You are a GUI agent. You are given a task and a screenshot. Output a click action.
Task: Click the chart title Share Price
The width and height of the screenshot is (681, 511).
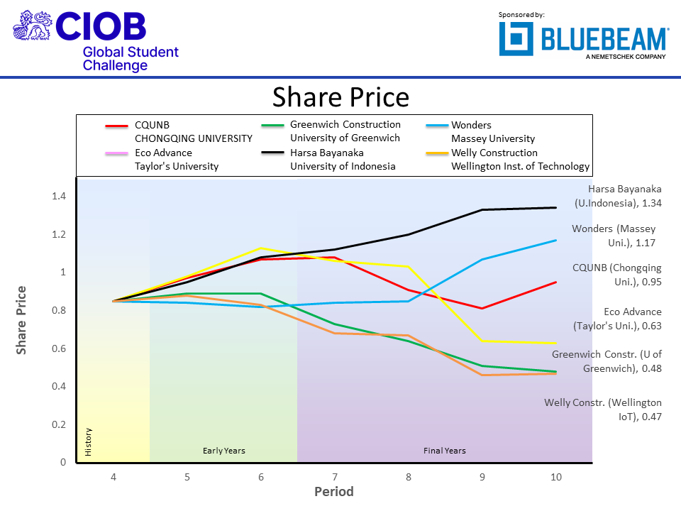tap(340, 97)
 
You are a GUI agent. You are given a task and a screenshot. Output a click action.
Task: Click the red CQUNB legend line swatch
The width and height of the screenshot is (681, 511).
tap(116, 126)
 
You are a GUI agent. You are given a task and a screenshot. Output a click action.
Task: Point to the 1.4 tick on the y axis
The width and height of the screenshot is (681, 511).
tap(58, 197)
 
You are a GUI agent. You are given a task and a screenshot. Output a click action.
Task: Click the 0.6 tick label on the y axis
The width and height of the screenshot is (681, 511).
tap(58, 348)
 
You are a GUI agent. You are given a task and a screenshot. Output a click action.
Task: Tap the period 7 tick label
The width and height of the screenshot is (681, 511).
tap(335, 477)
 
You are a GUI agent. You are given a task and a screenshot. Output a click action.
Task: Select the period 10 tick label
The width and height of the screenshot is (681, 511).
tap(556, 477)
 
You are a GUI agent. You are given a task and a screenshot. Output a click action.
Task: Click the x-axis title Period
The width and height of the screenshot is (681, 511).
tap(334, 492)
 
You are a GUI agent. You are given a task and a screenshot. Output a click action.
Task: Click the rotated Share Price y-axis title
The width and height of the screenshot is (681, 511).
tap(21, 320)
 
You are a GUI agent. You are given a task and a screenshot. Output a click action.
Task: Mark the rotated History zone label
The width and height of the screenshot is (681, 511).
tap(89, 442)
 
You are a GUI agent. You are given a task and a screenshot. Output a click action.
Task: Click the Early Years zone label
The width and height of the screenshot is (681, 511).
tap(223, 451)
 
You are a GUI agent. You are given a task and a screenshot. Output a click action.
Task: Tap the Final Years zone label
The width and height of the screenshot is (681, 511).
tap(445, 451)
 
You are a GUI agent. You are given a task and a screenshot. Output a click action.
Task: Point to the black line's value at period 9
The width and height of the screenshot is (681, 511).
tap(482, 209)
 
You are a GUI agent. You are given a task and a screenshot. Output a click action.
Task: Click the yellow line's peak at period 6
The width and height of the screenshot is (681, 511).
tap(261, 248)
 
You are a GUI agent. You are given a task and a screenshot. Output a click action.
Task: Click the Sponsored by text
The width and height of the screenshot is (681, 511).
tap(521, 14)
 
